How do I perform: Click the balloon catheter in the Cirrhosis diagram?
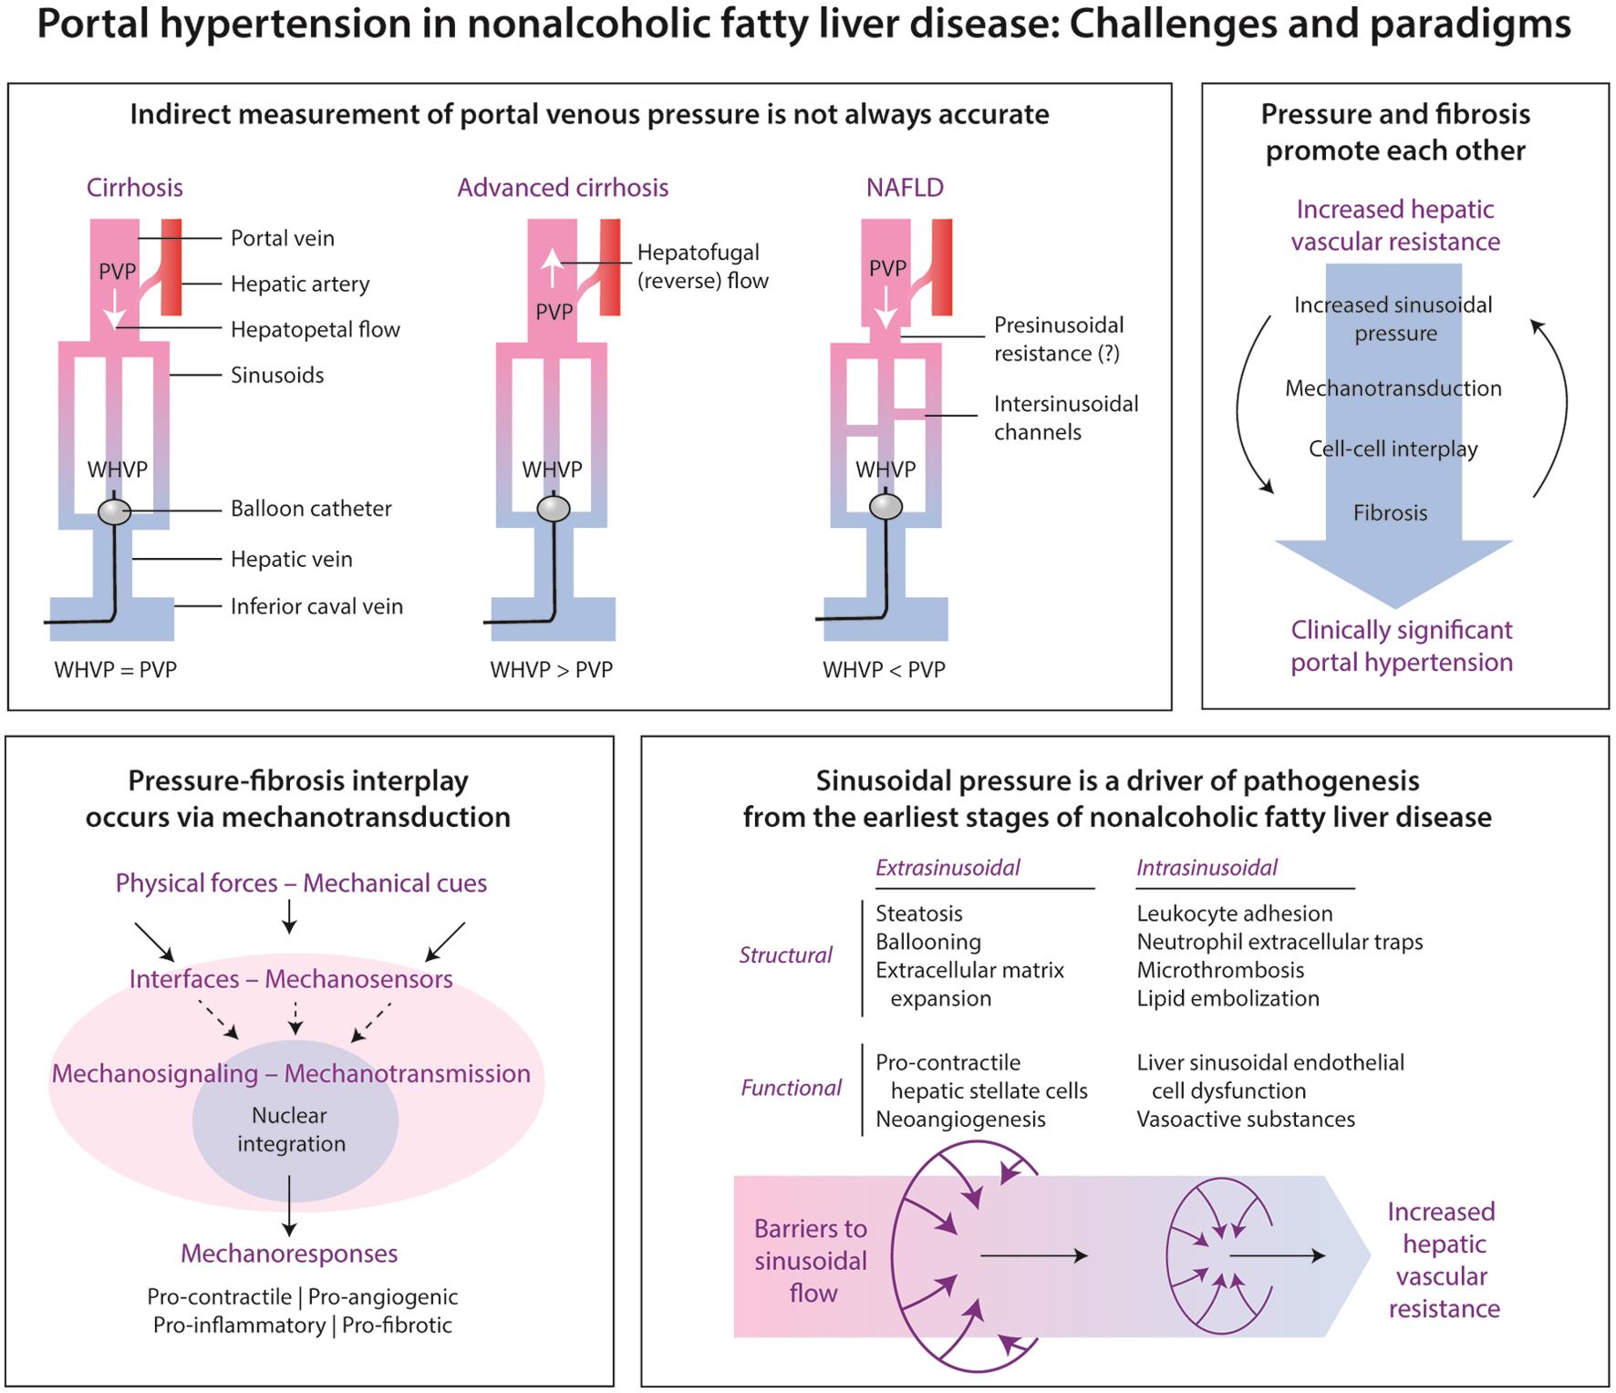tap(114, 511)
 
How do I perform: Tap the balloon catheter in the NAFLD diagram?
tap(886, 506)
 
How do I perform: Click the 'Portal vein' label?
tap(282, 238)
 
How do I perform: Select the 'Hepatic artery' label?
tap(300, 284)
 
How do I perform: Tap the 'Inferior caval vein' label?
tap(316, 606)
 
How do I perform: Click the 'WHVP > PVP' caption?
tap(551, 669)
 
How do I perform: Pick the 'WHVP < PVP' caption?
tap(884, 669)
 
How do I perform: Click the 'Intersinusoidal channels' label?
tap(1065, 418)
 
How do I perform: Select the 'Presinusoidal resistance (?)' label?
tap(1058, 339)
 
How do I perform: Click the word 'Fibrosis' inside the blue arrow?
tap(1390, 512)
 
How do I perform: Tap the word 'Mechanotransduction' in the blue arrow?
tap(1393, 388)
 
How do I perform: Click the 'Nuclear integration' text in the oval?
tap(290, 1130)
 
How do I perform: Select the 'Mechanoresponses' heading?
tap(289, 1254)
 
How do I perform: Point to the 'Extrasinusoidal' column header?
tap(948, 868)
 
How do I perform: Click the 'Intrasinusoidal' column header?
tap(1207, 868)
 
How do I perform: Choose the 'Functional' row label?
tap(791, 1088)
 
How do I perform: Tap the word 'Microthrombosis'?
tap(1220, 970)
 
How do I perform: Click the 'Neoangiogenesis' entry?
tap(960, 1119)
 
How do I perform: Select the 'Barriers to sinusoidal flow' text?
tap(811, 1261)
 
